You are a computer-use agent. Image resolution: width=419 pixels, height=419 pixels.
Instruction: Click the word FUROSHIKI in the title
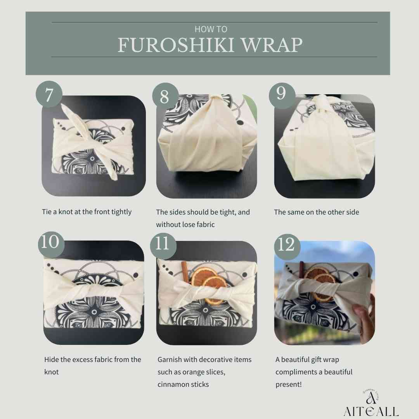point(177,45)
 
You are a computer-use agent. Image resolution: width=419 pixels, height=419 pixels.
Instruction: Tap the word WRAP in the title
point(272,45)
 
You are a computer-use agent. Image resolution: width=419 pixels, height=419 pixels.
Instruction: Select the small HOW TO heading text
point(211,29)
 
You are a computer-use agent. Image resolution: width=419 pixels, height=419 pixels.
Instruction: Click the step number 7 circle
point(49,94)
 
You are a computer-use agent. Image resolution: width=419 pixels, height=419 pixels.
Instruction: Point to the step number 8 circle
point(165,96)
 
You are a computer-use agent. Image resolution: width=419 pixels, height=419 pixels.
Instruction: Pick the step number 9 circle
point(282,95)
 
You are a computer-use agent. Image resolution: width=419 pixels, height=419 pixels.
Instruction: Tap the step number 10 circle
point(51,244)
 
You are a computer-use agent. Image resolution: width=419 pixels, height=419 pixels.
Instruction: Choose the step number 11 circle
point(163,246)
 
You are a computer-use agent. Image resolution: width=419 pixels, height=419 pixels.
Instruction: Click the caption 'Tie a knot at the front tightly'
point(87,212)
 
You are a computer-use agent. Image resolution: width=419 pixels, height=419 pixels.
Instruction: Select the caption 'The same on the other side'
point(317,212)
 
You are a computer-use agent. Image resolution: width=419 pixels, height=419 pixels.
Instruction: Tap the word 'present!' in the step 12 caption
point(289,384)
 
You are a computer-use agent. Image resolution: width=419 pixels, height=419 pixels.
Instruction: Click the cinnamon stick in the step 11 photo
point(185,271)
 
